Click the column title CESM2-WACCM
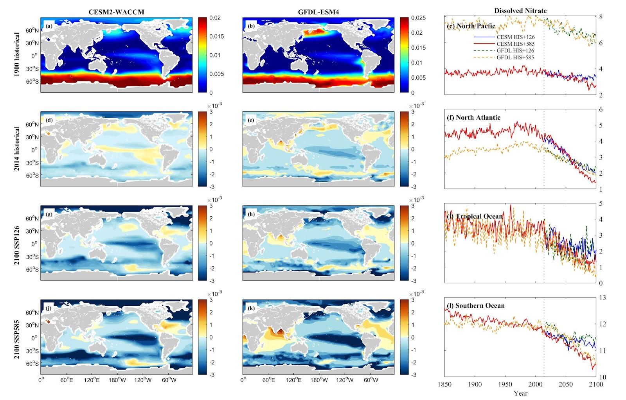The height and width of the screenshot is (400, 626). (116, 12)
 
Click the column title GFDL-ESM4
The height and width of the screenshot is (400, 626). (318, 12)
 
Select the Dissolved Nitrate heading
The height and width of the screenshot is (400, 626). (520, 11)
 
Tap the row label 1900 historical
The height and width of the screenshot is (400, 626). (17, 55)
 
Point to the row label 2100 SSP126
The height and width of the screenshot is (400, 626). (17, 243)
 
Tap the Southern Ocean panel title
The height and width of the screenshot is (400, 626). (476, 305)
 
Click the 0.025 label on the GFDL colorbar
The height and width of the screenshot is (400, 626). (417, 18)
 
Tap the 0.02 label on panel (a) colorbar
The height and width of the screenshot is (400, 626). (214, 18)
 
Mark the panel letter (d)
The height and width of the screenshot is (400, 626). (49, 120)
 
